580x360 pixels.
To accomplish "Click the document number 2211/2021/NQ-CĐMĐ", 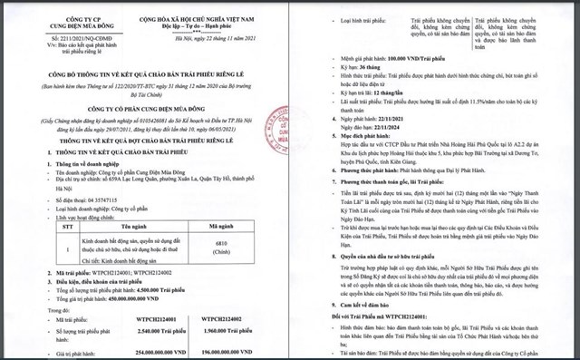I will pyautogui.click(x=57, y=39).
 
